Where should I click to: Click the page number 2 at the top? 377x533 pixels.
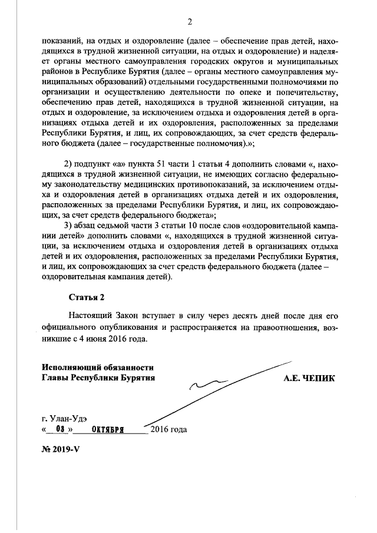point(190,22)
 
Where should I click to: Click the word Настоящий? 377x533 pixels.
point(90,315)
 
